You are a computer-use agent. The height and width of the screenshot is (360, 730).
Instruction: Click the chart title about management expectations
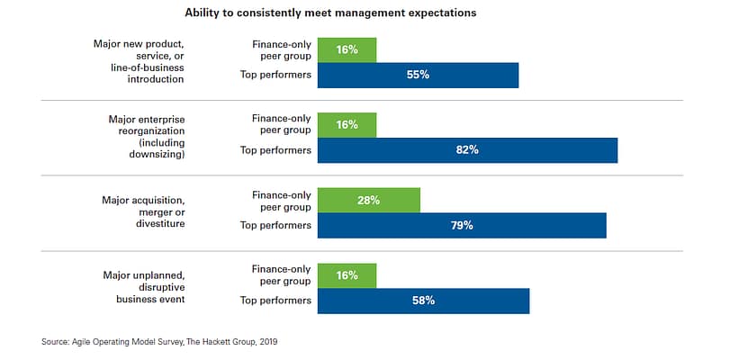(330, 13)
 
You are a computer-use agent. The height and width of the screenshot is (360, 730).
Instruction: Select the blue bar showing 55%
(418, 75)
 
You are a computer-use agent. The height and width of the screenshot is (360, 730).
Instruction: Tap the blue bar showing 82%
(467, 150)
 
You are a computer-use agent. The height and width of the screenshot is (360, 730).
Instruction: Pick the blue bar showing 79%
(462, 225)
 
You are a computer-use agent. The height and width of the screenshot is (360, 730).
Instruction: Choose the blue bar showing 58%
(423, 301)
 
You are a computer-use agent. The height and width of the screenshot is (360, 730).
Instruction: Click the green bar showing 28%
(369, 200)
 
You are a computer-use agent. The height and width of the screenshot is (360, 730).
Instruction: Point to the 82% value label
(467, 150)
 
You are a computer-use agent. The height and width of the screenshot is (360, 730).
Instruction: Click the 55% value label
(418, 75)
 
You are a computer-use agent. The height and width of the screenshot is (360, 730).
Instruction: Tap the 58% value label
(423, 301)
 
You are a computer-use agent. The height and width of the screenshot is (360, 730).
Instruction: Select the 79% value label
(462, 225)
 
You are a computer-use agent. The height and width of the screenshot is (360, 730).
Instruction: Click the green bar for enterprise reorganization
(347, 125)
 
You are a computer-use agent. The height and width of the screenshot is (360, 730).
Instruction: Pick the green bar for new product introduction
(347, 49)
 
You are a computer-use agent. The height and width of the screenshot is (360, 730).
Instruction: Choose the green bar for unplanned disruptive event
(347, 275)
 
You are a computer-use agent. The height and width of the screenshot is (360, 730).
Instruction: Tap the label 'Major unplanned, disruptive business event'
(145, 286)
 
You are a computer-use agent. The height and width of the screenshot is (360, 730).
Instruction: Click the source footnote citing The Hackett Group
(166, 342)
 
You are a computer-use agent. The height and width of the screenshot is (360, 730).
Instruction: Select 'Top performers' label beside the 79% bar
(276, 225)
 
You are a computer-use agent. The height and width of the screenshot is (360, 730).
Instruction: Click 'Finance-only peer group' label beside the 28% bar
(282, 200)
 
